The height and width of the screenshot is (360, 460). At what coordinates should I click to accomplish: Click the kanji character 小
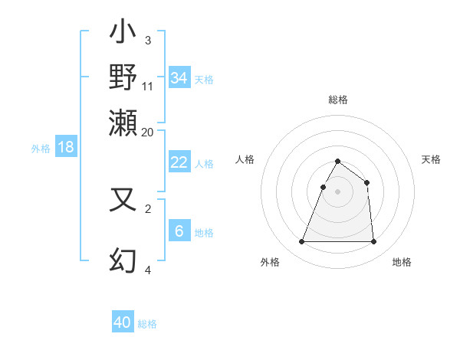click(x=123, y=34)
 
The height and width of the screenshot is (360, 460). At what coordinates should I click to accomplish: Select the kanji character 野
click(x=123, y=77)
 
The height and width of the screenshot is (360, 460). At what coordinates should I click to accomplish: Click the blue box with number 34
click(x=179, y=78)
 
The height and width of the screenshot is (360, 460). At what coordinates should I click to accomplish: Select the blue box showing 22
click(x=179, y=162)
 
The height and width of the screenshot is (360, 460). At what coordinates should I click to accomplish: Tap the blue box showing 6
click(x=179, y=231)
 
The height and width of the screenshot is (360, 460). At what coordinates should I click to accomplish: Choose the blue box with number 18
click(x=66, y=147)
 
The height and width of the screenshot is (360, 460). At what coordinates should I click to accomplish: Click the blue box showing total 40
click(x=123, y=322)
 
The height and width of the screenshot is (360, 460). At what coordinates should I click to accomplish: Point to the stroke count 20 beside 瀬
click(x=147, y=132)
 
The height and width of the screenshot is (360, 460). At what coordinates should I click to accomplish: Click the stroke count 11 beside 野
click(x=148, y=86)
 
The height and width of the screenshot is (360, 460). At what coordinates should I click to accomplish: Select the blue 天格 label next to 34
click(x=204, y=80)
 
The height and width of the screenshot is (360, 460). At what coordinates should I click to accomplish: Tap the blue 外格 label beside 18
click(x=41, y=149)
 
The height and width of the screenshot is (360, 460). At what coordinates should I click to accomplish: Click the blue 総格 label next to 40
click(x=147, y=324)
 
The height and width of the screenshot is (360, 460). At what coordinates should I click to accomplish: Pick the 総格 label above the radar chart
click(x=337, y=100)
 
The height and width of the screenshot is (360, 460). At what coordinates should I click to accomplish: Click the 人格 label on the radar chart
click(x=245, y=159)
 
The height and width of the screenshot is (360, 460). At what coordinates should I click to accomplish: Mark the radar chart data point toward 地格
click(x=373, y=242)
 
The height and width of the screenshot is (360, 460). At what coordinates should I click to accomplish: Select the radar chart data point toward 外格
click(x=301, y=242)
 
